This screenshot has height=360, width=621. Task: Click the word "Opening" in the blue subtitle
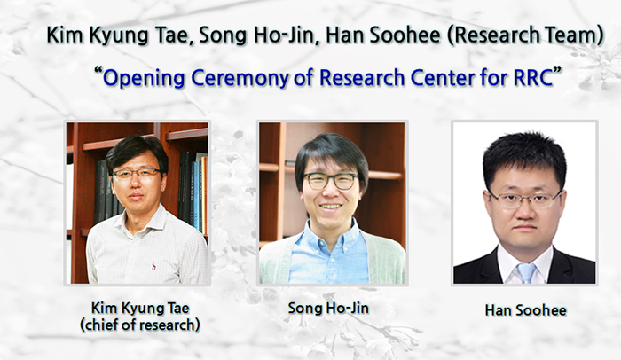click(x=142, y=76)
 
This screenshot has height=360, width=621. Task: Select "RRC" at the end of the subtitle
click(x=531, y=76)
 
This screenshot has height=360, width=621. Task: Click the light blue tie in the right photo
click(x=527, y=271)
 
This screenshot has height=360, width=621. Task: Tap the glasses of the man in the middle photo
click(x=330, y=181)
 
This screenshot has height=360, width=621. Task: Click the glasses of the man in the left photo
click(x=137, y=174)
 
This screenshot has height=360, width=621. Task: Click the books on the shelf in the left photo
click(x=190, y=186)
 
